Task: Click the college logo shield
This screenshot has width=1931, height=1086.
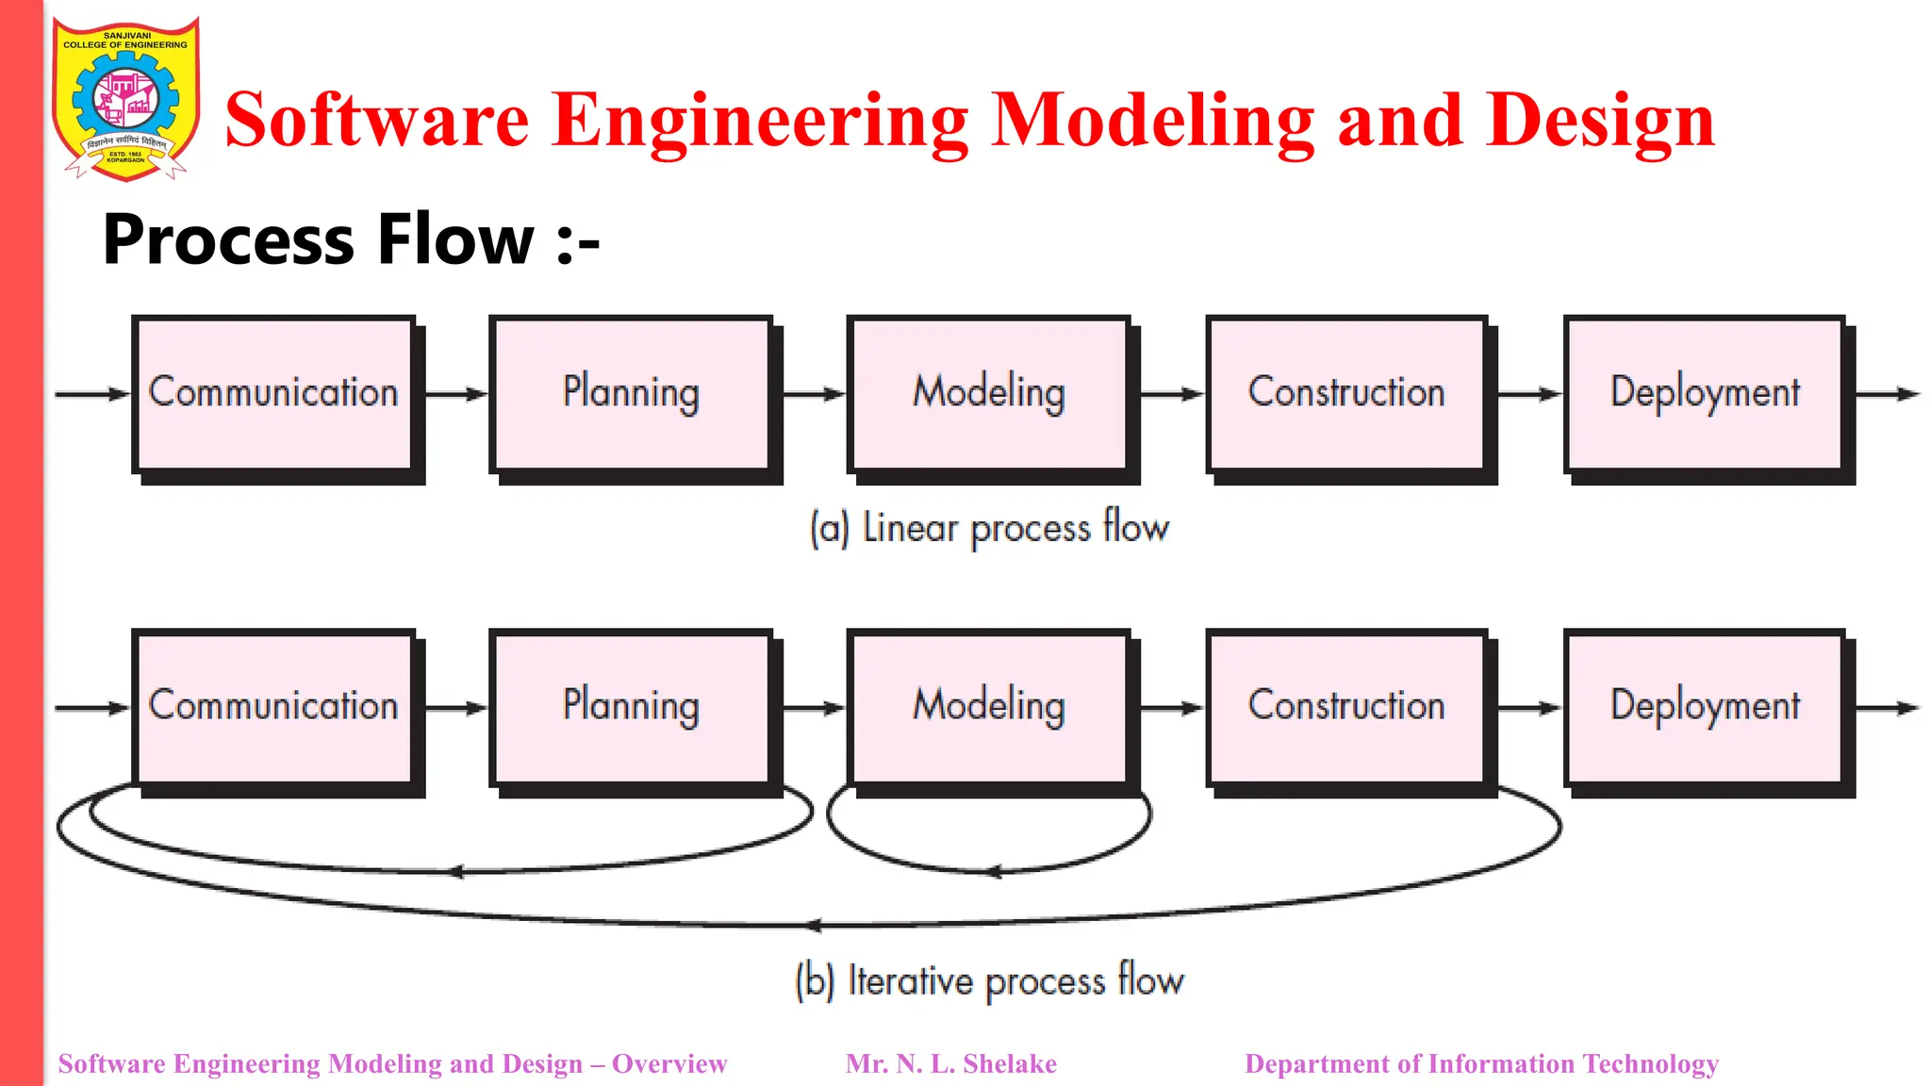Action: pyautogui.click(x=125, y=99)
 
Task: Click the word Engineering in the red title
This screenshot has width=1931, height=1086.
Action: pyautogui.click(x=760, y=121)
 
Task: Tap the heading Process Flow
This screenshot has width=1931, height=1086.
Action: pyautogui.click(x=350, y=239)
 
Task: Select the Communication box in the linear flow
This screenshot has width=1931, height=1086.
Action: pyautogui.click(x=273, y=393)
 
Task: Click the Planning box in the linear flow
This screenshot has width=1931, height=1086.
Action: pyautogui.click(x=631, y=393)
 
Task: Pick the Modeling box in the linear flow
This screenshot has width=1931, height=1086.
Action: pyautogui.click(x=988, y=393)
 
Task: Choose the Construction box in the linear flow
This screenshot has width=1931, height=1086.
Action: pyautogui.click(x=1346, y=393)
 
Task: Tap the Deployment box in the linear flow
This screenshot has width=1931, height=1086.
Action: pyautogui.click(x=1705, y=393)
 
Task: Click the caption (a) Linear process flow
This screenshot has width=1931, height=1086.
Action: pyautogui.click(x=989, y=528)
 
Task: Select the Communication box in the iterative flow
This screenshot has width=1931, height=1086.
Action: pyautogui.click(x=273, y=706)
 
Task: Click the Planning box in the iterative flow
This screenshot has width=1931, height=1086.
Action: pyautogui.click(x=631, y=706)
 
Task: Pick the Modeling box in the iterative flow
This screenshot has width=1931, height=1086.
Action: pyautogui.click(x=988, y=706)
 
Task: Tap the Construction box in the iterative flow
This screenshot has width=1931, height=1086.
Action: pyautogui.click(x=1346, y=706)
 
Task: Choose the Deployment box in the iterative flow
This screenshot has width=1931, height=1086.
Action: pyautogui.click(x=1705, y=706)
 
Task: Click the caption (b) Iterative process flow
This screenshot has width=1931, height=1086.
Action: pyautogui.click(x=989, y=980)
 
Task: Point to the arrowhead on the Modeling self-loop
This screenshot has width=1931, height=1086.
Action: pyautogui.click(x=993, y=872)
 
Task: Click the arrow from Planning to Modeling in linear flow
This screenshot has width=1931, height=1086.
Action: pyautogui.click(x=813, y=394)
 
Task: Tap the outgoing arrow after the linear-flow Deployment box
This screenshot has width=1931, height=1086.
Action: pyautogui.click(x=1889, y=394)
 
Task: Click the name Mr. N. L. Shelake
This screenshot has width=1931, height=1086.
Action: pyautogui.click(x=950, y=1064)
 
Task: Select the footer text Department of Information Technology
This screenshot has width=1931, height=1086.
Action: pyautogui.click(x=1481, y=1064)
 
